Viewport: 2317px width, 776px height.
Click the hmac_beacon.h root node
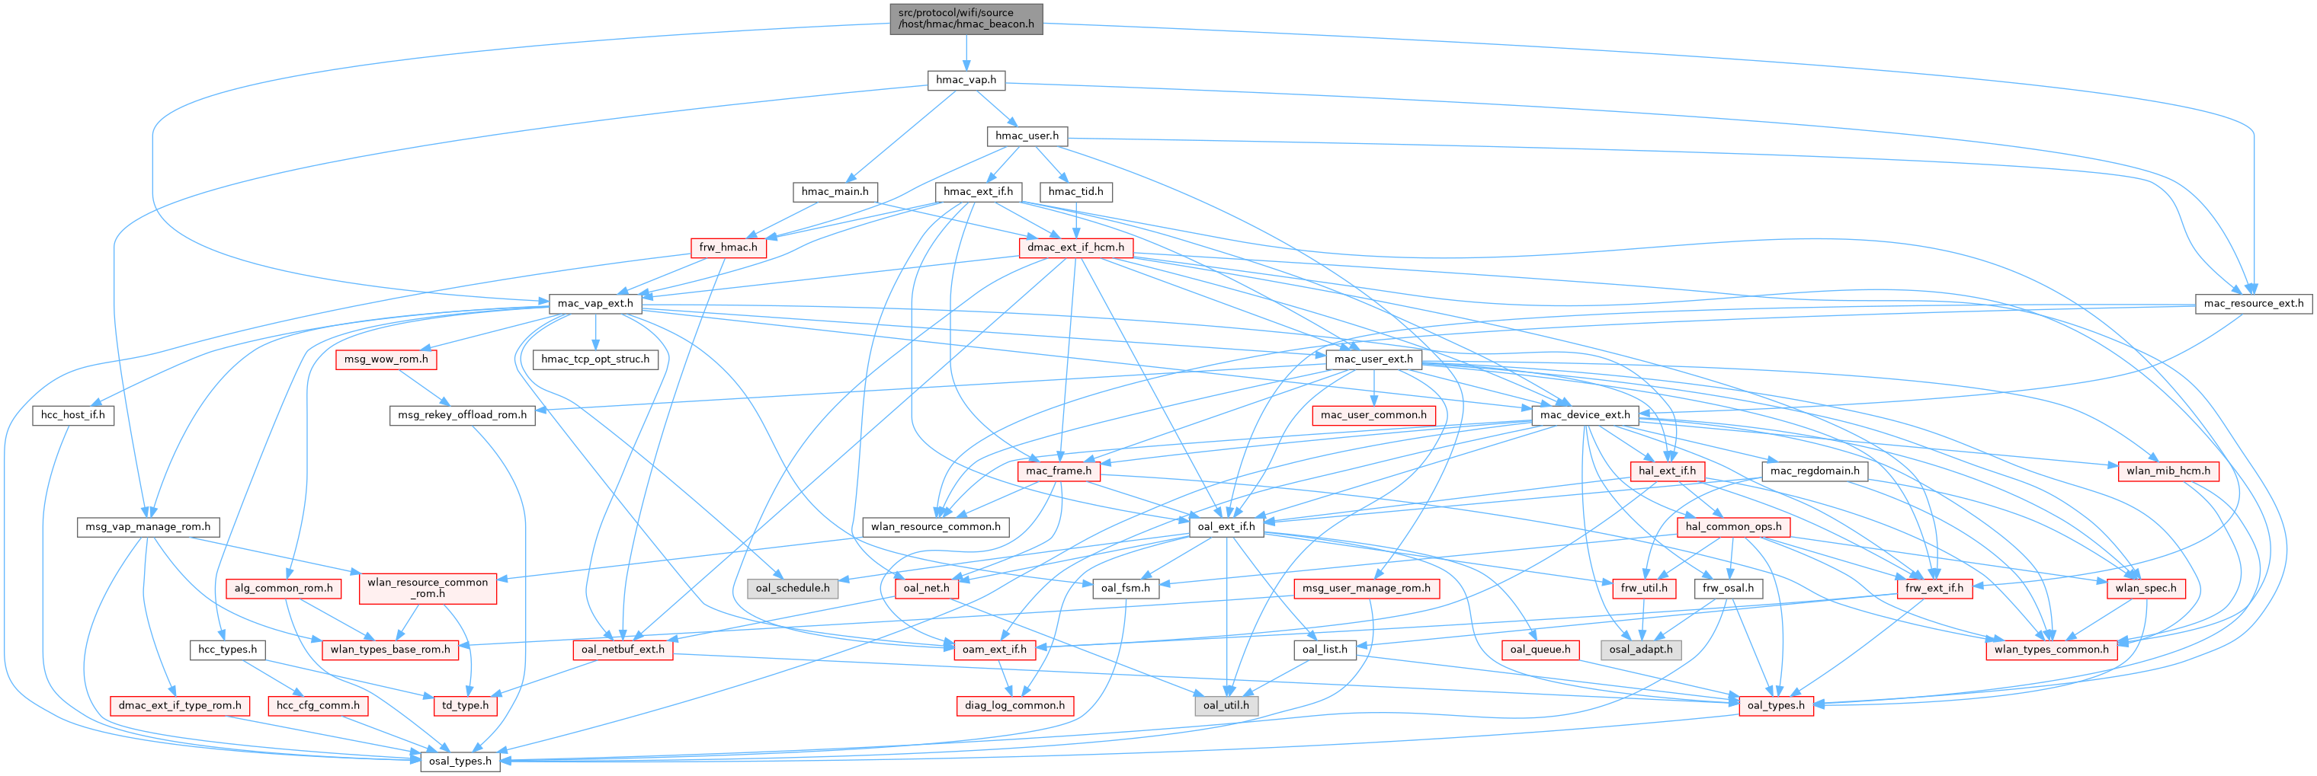click(x=966, y=18)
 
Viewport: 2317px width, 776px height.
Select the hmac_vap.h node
click(x=965, y=80)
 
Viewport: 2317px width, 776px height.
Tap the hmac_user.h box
click(x=1027, y=136)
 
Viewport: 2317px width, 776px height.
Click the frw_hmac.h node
click(x=728, y=247)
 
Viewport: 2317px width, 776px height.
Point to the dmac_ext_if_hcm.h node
click(x=1075, y=247)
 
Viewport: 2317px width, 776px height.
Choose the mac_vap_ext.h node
click(x=594, y=303)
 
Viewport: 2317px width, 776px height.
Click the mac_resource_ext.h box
click(x=2253, y=303)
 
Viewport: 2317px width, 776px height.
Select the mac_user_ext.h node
click(x=1373, y=359)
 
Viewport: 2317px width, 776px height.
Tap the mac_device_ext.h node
click(x=1584, y=414)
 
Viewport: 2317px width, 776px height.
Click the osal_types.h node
click(x=460, y=761)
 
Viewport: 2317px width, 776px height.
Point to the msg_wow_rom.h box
click(x=386, y=359)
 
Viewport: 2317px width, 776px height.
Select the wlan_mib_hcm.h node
click(x=2168, y=471)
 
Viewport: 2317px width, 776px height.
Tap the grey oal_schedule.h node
click(x=792, y=588)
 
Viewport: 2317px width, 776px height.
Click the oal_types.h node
click(x=1776, y=705)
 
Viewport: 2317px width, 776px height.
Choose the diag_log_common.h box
click(x=1014, y=705)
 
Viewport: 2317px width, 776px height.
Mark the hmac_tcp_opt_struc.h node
click(x=594, y=359)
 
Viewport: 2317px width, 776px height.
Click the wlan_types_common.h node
click(x=2051, y=650)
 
